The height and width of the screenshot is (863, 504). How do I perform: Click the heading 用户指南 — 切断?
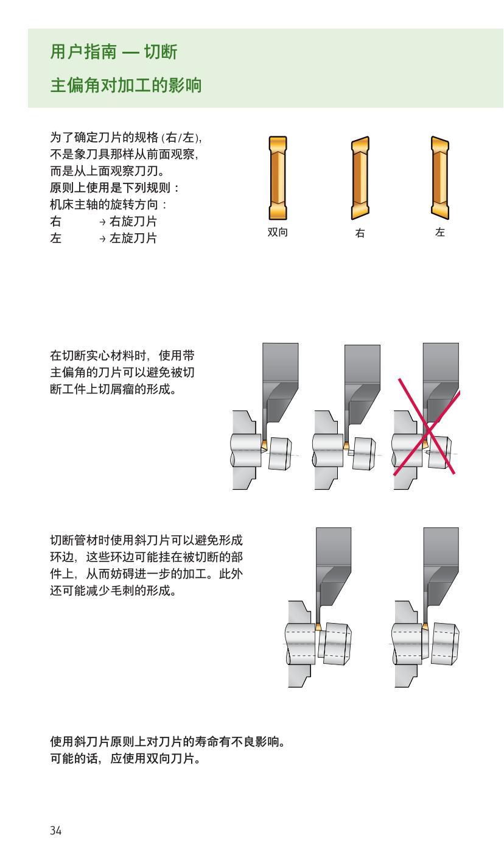point(113,53)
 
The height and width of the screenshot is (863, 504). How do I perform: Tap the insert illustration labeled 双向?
point(277,177)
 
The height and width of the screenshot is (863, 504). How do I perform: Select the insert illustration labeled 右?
point(360,177)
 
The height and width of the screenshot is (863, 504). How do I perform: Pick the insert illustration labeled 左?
point(440,177)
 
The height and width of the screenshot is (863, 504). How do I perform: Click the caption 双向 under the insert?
point(277,233)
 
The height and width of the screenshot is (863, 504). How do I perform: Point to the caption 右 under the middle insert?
point(360,233)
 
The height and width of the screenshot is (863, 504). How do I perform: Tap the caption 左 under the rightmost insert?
point(440,233)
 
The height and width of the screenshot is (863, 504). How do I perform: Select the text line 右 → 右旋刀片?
point(103,224)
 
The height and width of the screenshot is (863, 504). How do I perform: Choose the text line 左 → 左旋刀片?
point(103,238)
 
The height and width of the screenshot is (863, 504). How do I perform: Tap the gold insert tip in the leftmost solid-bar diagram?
point(264,446)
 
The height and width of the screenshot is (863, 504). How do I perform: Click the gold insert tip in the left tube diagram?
point(318,627)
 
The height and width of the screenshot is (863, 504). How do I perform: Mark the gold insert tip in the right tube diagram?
point(425,627)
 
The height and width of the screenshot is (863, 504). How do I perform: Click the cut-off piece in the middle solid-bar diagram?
point(364,454)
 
